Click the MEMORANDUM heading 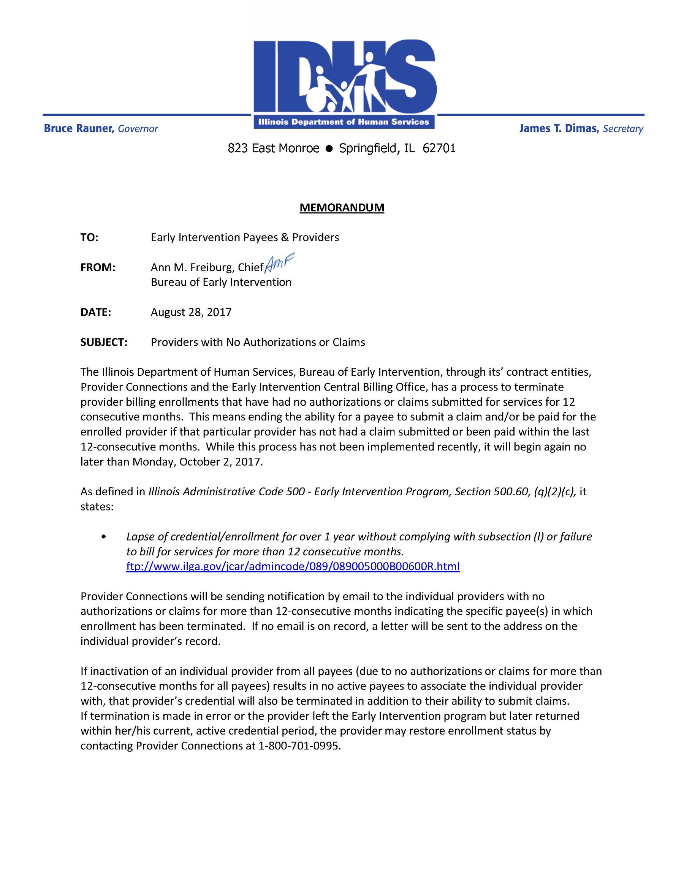pos(341,207)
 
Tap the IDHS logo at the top pos(344,77)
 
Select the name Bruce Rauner pos(78,128)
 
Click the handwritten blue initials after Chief pos(280,262)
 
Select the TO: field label pos(89,237)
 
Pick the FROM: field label pos(98,267)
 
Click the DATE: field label pos(95,312)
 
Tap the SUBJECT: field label pos(104,342)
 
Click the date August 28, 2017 pos(191,312)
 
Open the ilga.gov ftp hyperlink pos(293,567)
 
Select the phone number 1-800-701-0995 pos(299,746)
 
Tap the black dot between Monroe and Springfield pos(329,149)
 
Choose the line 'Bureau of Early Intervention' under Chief pos(221,282)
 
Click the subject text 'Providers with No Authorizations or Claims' pos(258,342)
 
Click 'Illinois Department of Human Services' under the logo pos(344,122)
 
